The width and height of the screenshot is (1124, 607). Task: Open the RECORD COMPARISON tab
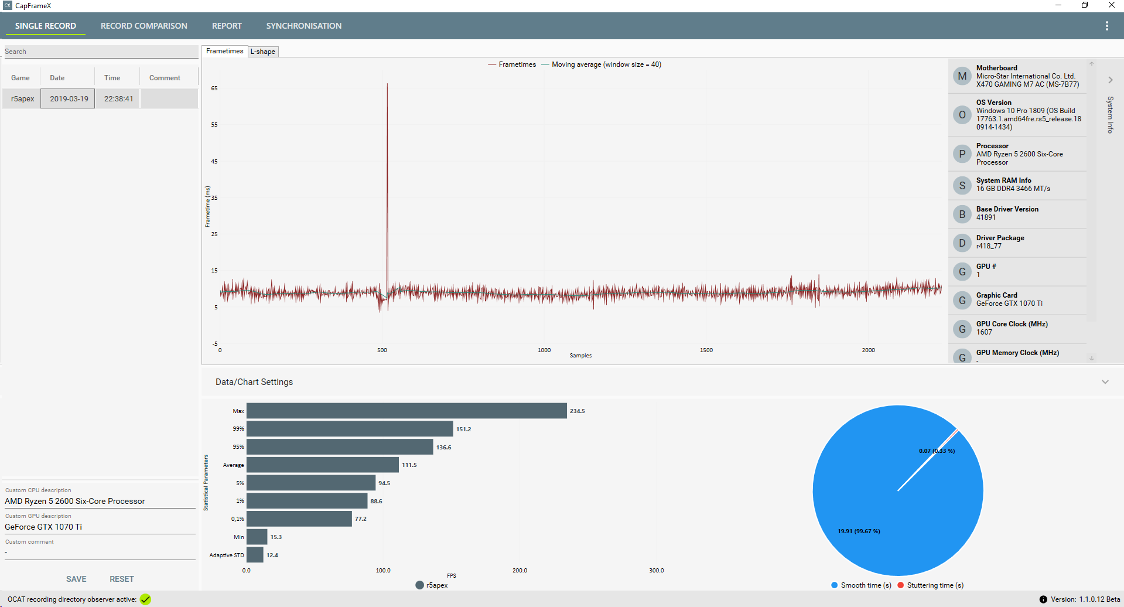144,26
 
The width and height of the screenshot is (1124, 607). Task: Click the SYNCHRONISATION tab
303,26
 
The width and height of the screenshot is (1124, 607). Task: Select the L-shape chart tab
262,52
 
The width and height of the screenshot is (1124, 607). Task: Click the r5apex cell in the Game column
22,98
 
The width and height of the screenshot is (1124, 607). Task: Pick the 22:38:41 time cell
118,98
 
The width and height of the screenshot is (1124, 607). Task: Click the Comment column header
165,78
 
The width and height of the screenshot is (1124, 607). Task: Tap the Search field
101,52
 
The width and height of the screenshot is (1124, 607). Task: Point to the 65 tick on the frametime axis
214,88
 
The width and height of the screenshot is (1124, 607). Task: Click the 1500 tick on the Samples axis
706,350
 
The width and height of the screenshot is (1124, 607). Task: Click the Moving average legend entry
606,64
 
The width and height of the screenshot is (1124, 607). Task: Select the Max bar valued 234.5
406,411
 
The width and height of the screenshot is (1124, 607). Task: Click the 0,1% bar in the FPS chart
299,519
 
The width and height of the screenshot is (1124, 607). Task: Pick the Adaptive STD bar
255,555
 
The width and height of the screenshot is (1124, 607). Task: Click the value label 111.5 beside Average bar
409,465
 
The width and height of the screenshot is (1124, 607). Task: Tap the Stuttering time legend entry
935,585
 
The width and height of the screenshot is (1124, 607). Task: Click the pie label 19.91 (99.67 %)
859,531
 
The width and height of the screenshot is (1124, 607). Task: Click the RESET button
122,579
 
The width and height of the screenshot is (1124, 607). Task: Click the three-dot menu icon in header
1106,26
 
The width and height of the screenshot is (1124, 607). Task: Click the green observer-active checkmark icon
145,599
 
